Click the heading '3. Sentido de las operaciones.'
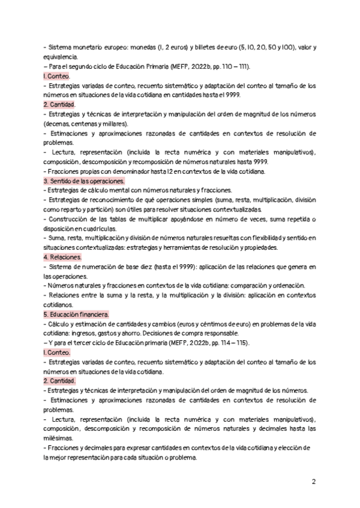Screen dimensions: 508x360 click(84, 181)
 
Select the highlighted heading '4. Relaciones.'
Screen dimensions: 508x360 click(62, 257)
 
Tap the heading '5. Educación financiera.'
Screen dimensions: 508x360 click(76, 314)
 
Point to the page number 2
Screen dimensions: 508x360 click(314, 482)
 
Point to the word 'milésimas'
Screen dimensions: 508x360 click(59, 439)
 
